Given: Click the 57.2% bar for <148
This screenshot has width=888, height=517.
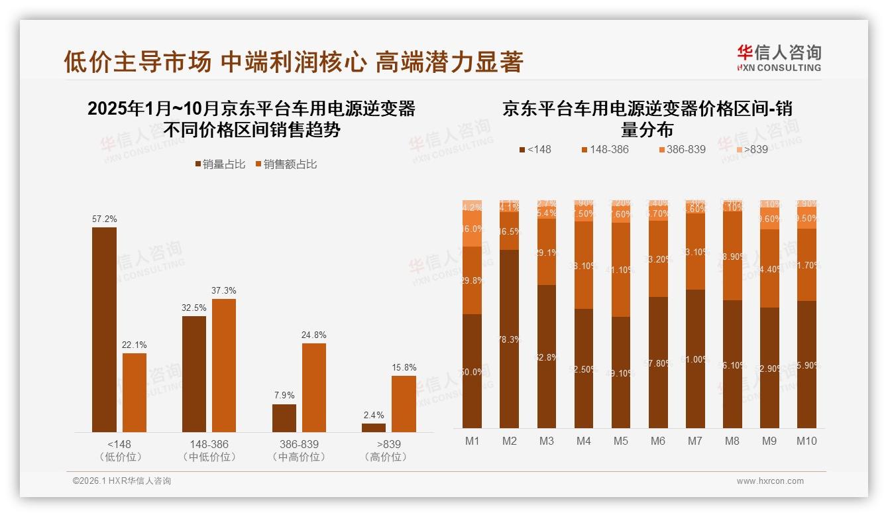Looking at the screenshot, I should click(x=104, y=329).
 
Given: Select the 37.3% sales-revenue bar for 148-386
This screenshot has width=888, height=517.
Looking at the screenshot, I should click(x=224, y=365).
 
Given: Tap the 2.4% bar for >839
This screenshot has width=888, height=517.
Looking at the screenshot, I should click(x=374, y=428).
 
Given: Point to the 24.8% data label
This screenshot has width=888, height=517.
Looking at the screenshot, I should click(x=313, y=335).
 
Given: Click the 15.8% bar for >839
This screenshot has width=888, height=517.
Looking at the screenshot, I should click(x=404, y=404).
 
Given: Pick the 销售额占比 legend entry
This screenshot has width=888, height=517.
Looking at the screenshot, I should click(x=286, y=164).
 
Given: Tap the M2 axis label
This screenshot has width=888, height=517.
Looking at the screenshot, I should click(x=509, y=441).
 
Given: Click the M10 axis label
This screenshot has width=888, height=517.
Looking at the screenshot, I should click(x=806, y=441).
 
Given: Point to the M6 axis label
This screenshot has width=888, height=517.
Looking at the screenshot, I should click(x=657, y=441).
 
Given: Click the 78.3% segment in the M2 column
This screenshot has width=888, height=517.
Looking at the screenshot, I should click(x=509, y=339).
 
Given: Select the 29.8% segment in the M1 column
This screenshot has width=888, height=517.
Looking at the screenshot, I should click(x=472, y=280).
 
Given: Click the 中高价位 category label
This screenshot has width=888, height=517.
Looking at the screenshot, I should click(x=299, y=457).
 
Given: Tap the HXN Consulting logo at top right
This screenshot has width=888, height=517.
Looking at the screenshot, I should click(x=779, y=58).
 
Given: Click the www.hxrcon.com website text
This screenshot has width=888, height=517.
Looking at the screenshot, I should click(x=769, y=481).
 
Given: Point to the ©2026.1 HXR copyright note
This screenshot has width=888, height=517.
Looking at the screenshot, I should click(x=121, y=481).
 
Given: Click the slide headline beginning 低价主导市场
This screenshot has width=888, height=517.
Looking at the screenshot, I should click(x=294, y=62).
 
